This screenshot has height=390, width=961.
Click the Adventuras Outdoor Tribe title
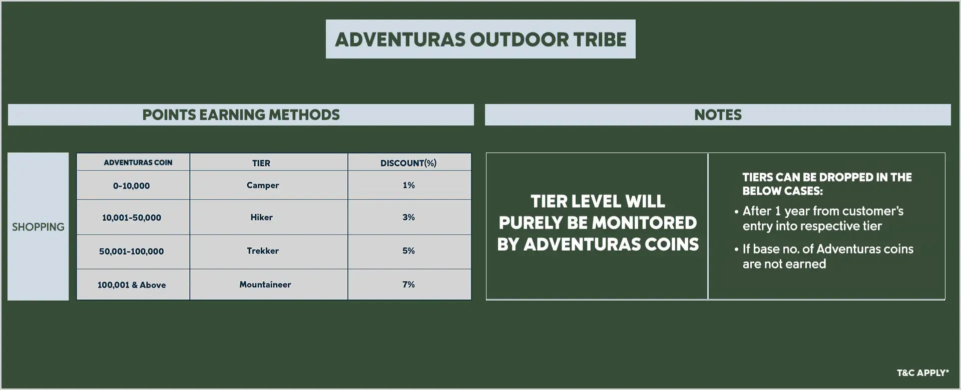480,39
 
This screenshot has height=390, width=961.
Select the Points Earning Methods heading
241,115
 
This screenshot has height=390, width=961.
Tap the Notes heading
718,115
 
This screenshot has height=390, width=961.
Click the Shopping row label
38,227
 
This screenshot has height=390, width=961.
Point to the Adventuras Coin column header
138,162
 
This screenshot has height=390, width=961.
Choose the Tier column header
261,163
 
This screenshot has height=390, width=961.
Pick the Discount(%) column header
408,163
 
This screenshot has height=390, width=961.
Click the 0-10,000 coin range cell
131,185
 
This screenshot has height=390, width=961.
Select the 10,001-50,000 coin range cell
132,217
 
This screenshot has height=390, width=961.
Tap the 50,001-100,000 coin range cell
131,251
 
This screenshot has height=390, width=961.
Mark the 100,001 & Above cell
132,285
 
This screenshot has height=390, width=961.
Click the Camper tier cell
263,185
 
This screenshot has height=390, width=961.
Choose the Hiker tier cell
261,217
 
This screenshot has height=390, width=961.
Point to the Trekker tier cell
263,250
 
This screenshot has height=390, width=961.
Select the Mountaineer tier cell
265,284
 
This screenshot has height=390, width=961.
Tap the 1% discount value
408,185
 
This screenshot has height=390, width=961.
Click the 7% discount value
408,284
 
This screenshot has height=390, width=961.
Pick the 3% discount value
408,217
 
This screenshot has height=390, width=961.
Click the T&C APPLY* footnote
922,372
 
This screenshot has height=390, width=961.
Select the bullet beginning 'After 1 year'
819,218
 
